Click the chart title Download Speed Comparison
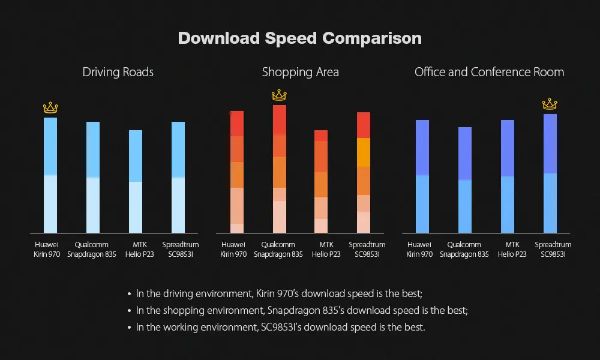[300, 38]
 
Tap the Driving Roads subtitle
[118, 73]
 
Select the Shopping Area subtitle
[301, 73]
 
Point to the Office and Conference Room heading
[490, 72]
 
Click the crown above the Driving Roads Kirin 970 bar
[50, 107]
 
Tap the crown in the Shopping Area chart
[280, 95]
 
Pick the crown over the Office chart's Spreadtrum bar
[550, 104]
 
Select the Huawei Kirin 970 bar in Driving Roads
[50, 175]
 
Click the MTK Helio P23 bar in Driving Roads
[136, 181]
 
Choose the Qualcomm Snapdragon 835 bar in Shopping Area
[280, 169]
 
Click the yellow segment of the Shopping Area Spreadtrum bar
[364, 152]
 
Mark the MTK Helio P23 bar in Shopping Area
[321, 181]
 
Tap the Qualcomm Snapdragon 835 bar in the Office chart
[465, 180]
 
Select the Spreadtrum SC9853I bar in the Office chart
[550, 173]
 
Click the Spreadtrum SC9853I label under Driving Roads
[181, 250]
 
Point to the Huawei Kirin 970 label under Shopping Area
[233, 250]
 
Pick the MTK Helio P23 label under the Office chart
[512, 250]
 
